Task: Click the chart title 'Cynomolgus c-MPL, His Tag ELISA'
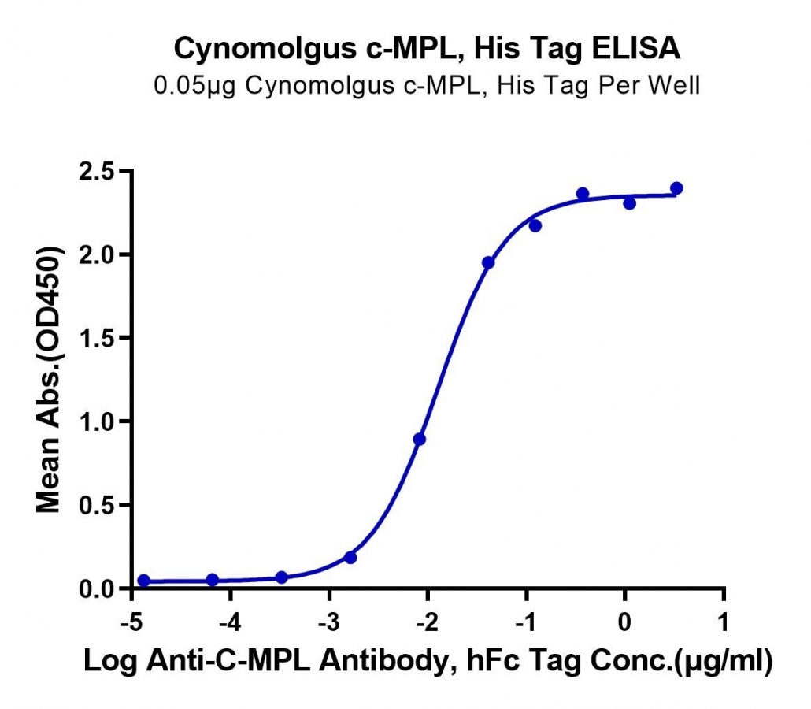pyautogui.click(x=427, y=49)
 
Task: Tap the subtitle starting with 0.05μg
pyautogui.click(x=427, y=86)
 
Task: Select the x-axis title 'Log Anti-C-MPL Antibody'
pyautogui.click(x=271, y=661)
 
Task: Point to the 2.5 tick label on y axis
pyautogui.click(x=96, y=171)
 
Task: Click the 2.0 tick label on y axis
pyautogui.click(x=96, y=254)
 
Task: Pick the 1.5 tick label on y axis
pyautogui.click(x=96, y=338)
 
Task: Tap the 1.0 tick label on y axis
pyautogui.click(x=96, y=421)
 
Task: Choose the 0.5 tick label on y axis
pyautogui.click(x=96, y=505)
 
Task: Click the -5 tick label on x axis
pyautogui.click(x=131, y=622)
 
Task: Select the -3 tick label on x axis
pyautogui.click(x=328, y=622)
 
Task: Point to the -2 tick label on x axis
pyautogui.click(x=428, y=622)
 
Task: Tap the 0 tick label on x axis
pyautogui.click(x=625, y=622)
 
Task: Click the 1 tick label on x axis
pyautogui.click(x=723, y=622)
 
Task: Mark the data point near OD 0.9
pyautogui.click(x=420, y=440)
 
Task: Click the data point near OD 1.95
pyautogui.click(x=488, y=263)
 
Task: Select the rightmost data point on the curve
pyautogui.click(x=676, y=187)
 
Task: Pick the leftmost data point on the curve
pyautogui.click(x=144, y=581)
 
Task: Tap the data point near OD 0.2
pyautogui.click(x=350, y=558)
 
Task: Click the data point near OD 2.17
pyautogui.click(x=535, y=225)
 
